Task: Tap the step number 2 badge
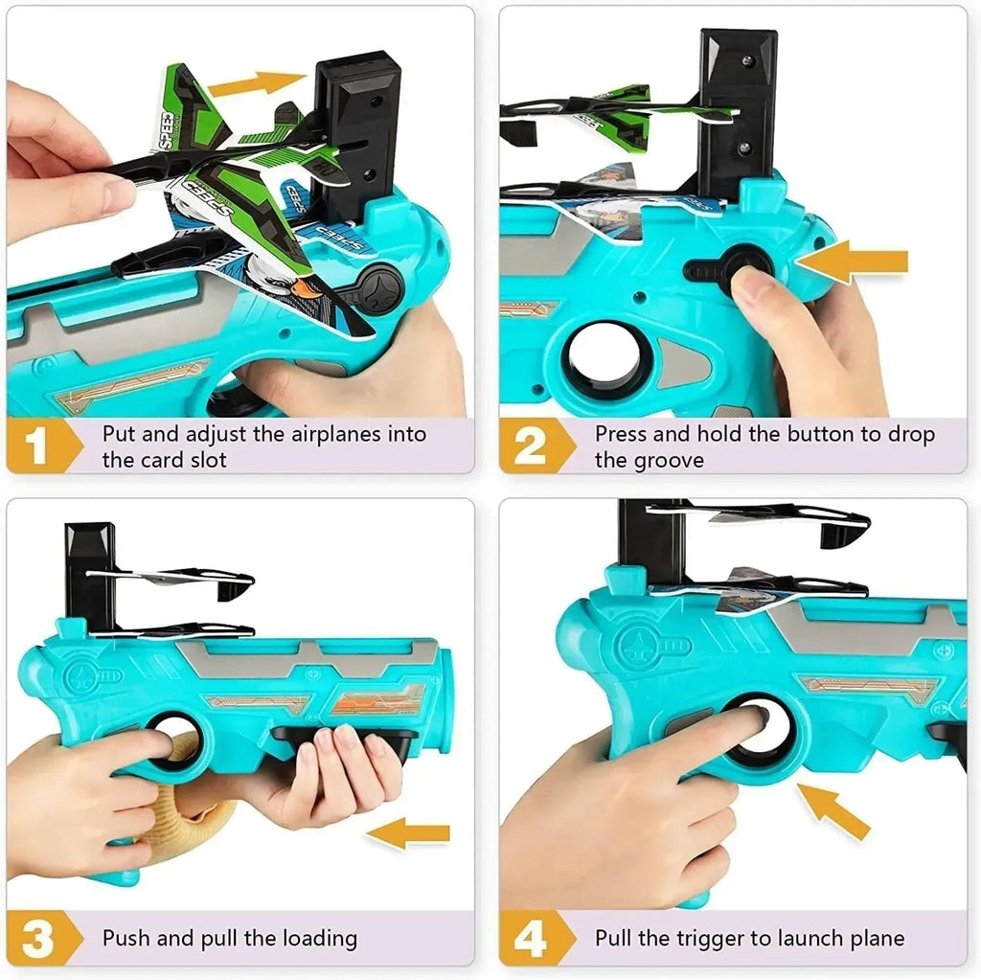point(530,446)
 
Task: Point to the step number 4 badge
point(530,938)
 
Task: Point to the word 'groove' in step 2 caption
point(663,460)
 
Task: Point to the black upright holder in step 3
point(90,575)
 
